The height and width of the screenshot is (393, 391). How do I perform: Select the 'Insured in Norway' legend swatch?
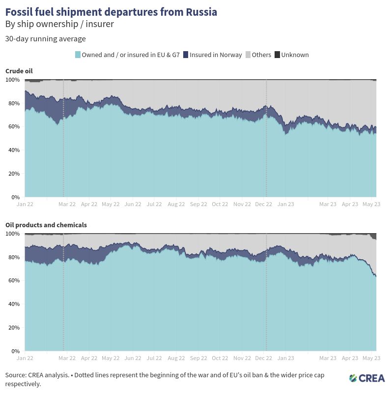(x=186, y=55)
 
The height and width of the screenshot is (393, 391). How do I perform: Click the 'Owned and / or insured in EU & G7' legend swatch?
(x=78, y=55)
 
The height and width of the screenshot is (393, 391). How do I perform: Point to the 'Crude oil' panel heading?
(x=19, y=71)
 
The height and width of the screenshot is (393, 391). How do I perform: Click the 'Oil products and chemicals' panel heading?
(x=46, y=225)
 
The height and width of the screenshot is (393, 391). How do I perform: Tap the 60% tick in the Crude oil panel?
(x=13, y=126)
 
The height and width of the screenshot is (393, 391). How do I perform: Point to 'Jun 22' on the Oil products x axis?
(x=133, y=358)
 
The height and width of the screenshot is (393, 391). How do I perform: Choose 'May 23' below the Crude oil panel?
(x=371, y=204)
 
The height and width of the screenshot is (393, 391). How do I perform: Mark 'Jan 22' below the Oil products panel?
(x=25, y=358)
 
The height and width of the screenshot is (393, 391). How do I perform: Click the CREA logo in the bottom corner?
(x=367, y=378)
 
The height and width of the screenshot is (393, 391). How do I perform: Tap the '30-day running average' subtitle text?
(x=45, y=39)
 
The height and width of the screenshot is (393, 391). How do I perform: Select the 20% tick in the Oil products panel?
(x=13, y=328)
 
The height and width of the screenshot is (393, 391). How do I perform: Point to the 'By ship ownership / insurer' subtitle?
(x=59, y=24)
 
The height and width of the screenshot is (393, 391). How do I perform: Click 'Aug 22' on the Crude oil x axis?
(x=176, y=204)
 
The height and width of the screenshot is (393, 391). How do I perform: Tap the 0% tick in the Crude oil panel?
(x=15, y=197)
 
